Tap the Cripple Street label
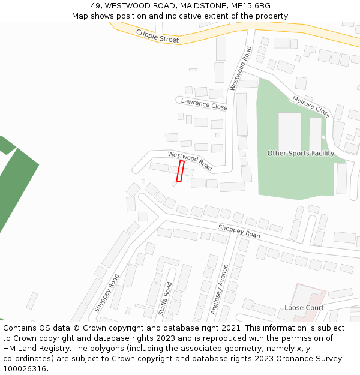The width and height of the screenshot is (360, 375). pos(157,36)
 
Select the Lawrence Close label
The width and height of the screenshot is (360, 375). pos(204,104)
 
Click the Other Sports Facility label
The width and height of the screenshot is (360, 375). pos(301,154)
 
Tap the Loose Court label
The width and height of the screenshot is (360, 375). pos(304,308)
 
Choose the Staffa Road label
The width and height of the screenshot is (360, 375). pos(165,298)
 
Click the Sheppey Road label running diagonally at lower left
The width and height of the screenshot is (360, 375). pos(106,293)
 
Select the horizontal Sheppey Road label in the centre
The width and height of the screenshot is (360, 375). pos(239,232)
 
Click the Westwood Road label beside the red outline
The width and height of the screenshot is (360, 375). pos(190,161)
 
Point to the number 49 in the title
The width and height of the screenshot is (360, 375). pos(95,6)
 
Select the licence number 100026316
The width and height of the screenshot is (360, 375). pos(26,369)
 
